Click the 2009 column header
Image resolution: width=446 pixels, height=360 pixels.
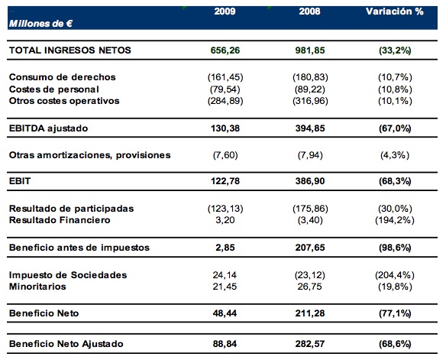[x=225, y=11]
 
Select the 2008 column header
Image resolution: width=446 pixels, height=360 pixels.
[x=309, y=11]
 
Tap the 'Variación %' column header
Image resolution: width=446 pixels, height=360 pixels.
[x=395, y=11]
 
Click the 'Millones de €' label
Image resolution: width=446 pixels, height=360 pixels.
[x=40, y=24]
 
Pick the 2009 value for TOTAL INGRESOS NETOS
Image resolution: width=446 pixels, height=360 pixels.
[x=225, y=50]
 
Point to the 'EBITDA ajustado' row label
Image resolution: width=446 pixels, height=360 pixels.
[x=48, y=128]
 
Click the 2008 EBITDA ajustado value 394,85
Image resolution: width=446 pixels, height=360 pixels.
[x=310, y=128]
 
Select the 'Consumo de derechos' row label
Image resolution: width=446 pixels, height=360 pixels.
[x=63, y=77]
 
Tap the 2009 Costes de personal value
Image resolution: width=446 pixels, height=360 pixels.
[x=225, y=89]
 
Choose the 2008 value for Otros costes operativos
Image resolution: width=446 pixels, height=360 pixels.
[x=310, y=101]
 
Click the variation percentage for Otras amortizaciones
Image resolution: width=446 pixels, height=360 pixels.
[x=395, y=155]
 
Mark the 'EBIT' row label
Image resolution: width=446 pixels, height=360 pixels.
[x=20, y=181]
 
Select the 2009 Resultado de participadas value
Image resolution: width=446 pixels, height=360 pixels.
[x=225, y=209]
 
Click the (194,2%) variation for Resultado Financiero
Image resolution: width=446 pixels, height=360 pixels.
[x=395, y=220]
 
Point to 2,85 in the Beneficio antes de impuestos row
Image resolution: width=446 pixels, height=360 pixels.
[x=225, y=248]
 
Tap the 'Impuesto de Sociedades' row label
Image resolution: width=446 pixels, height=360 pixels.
[x=68, y=275]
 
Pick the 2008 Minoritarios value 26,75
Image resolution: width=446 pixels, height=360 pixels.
[x=310, y=287]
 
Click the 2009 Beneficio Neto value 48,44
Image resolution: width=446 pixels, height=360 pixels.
[x=225, y=313]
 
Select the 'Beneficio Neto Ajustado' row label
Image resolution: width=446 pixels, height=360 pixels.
[x=66, y=344]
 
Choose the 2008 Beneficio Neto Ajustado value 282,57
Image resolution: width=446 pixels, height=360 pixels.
[x=310, y=344]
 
